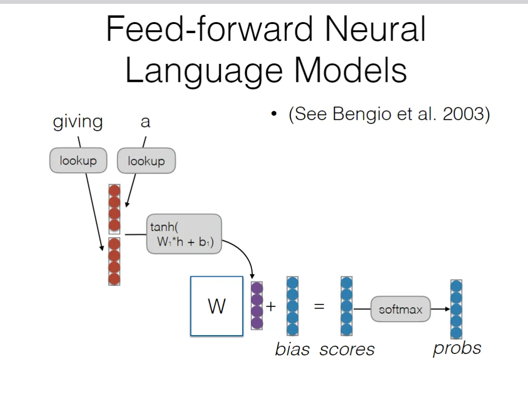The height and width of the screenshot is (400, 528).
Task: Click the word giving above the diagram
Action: point(78,122)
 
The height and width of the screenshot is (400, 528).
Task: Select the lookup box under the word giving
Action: point(78,161)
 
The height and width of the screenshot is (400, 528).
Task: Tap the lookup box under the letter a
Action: point(146,161)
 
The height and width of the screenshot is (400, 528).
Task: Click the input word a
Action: point(145,122)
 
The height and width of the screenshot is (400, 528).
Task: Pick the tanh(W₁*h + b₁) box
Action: point(184,234)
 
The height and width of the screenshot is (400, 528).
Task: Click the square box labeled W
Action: point(217,306)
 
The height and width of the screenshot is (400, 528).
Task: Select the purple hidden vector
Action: point(257,305)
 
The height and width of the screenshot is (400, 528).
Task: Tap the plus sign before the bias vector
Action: point(271,306)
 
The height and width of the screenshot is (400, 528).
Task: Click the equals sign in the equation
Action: point(319,306)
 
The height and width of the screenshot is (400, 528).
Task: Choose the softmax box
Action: point(400,309)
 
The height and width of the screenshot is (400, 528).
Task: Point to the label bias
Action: point(292,350)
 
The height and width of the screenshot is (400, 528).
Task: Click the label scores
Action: point(347,350)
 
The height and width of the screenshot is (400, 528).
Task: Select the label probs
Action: point(457,348)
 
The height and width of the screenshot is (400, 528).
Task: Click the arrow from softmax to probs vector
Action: point(440,309)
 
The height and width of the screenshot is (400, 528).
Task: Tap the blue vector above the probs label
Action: point(456,309)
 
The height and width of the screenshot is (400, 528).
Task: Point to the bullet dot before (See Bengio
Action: point(274,115)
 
